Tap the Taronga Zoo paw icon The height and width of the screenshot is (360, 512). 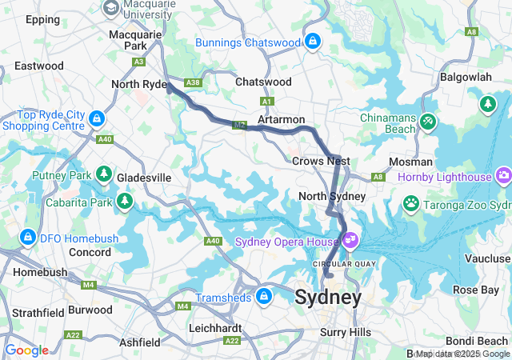[x=412, y=203]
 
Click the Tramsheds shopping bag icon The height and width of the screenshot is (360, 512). [x=263, y=298]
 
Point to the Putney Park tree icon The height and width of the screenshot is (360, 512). [x=103, y=174]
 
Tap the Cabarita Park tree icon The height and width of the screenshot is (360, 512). [x=125, y=200]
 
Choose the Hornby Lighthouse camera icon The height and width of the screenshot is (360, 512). [x=503, y=174]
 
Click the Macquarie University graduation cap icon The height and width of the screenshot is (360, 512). [x=111, y=7]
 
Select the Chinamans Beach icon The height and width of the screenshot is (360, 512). [x=429, y=120]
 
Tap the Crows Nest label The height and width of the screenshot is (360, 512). [x=318, y=161]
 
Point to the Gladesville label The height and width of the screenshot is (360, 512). [x=143, y=177]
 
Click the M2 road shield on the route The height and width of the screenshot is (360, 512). [x=239, y=126]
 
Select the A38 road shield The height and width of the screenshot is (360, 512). [x=192, y=82]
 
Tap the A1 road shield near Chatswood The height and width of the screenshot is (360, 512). [x=267, y=101]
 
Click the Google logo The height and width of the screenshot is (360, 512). [x=26, y=350]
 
